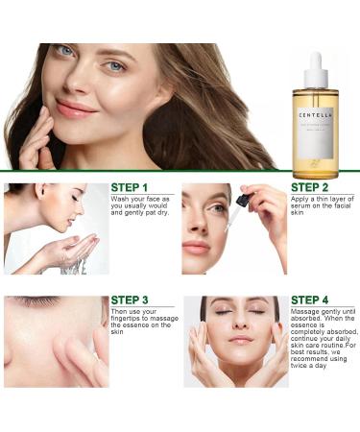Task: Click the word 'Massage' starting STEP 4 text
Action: [x=307, y=313]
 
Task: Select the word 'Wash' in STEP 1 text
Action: [x=121, y=199]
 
